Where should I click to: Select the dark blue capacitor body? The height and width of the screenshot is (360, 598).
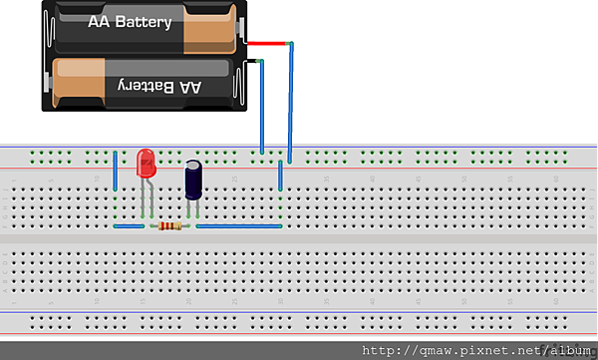pyautogui.click(x=193, y=181)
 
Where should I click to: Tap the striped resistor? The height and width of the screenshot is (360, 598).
pyautogui.click(x=169, y=226)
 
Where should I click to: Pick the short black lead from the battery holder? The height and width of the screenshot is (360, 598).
pyautogui.click(x=254, y=64)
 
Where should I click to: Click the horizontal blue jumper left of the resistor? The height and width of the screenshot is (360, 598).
pyautogui.click(x=130, y=226)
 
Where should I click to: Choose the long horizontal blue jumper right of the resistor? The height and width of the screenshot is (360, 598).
pyautogui.click(x=239, y=226)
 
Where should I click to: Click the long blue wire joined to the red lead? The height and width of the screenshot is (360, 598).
pyautogui.click(x=290, y=100)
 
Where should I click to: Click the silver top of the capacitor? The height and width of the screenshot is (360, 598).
pyautogui.click(x=193, y=163)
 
